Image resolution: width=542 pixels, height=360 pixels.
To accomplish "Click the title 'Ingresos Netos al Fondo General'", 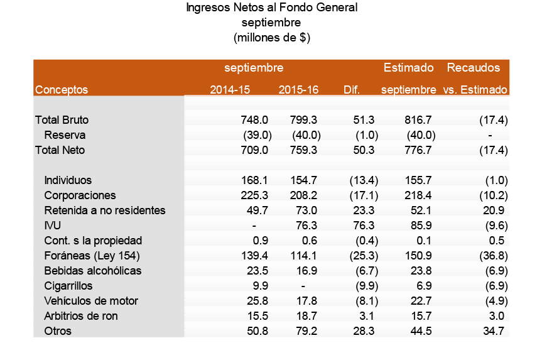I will coord(272,8).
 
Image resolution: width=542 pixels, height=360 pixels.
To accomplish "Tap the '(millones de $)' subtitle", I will coord(272,38).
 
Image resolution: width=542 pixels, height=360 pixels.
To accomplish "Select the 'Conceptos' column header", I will coord(62,90).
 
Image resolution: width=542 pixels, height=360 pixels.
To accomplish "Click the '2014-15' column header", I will coord(230,90).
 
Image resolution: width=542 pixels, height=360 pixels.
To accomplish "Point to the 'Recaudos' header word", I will coord(473,67).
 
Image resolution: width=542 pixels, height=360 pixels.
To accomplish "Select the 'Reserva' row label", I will coord(65,135).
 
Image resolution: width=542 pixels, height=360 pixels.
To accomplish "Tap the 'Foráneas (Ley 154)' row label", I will coord(91,256).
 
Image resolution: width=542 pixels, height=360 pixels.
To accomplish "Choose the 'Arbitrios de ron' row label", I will coord(81,316).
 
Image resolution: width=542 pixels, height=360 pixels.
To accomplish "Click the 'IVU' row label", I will coord(52,226).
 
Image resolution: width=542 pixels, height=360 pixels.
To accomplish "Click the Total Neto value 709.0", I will coord(254,150).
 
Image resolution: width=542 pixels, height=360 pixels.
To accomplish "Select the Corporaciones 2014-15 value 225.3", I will coord(254,195).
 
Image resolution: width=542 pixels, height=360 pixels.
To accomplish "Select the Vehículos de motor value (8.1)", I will coord(363,301).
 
